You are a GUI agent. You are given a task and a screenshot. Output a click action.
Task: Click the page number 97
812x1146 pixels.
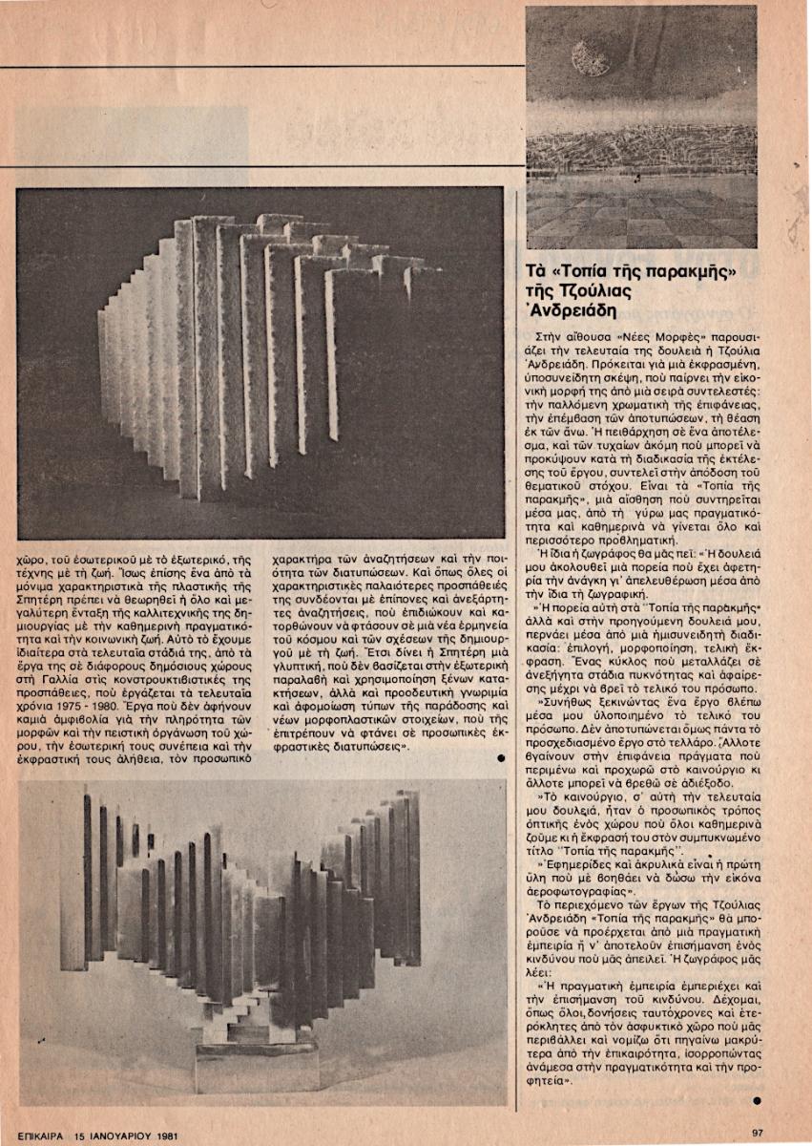[758, 1133]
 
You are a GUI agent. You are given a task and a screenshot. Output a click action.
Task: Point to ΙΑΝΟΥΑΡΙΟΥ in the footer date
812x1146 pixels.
[119, 1136]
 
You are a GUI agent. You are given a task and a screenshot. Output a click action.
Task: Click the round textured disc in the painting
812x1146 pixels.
[592, 58]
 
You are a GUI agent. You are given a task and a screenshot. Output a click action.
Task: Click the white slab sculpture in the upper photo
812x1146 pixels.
[267, 353]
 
